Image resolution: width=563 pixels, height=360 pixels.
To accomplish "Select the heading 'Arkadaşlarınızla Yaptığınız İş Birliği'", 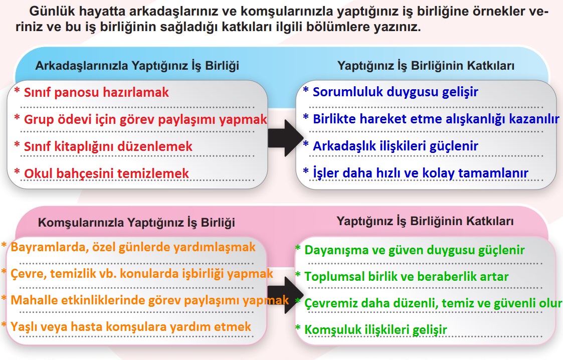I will coord(137,66).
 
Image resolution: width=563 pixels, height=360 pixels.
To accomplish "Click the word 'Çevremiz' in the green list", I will coord(327,303).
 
